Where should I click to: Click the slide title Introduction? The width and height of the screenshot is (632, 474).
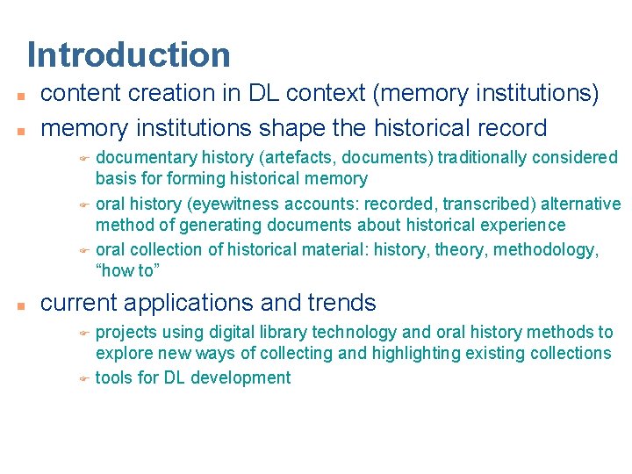pyautogui.click(x=129, y=54)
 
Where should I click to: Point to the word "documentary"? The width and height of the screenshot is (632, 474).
pyautogui.click(x=146, y=158)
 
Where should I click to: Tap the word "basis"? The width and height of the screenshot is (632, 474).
pyautogui.click(x=114, y=179)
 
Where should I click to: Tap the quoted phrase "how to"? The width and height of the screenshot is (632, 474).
pyautogui.click(x=125, y=271)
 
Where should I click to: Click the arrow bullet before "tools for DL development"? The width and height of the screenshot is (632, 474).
pyautogui.click(x=84, y=379)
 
